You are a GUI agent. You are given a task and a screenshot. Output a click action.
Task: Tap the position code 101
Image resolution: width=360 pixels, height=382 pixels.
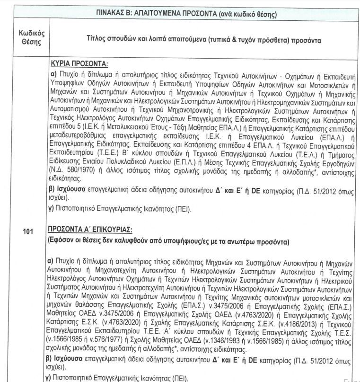[28, 231]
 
